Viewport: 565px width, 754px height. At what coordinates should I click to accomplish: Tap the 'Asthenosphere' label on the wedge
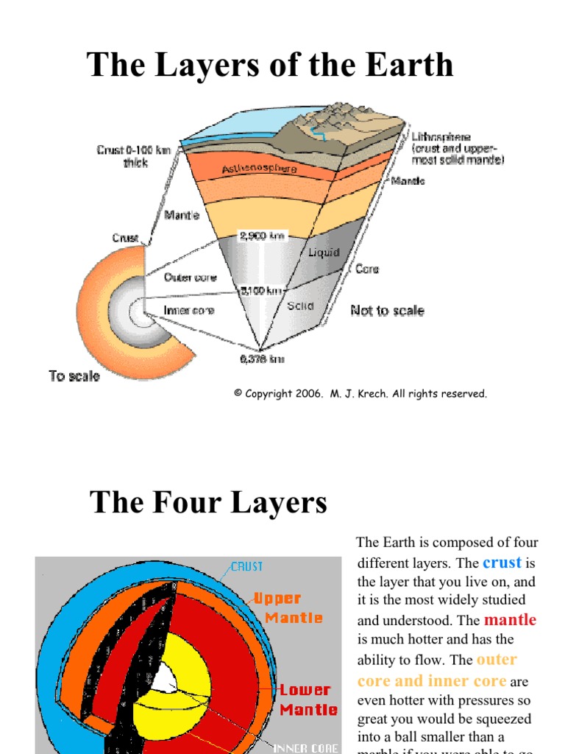pyautogui.click(x=259, y=169)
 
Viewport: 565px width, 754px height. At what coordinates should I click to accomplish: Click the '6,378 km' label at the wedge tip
pyautogui.click(x=262, y=359)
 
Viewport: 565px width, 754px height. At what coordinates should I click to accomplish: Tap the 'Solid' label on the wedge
pyautogui.click(x=301, y=306)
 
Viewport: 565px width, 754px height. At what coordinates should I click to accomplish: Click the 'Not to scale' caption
pyautogui.click(x=387, y=311)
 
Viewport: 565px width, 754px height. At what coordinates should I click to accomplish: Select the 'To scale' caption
pyautogui.click(x=74, y=376)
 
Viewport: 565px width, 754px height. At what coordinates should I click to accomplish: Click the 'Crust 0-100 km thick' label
pyautogui.click(x=135, y=156)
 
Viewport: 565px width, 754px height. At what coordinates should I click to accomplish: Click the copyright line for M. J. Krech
pyautogui.click(x=360, y=394)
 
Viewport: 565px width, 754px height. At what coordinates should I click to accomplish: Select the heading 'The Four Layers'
pyautogui.click(x=208, y=503)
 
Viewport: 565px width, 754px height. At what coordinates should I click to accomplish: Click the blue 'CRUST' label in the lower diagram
pyautogui.click(x=246, y=567)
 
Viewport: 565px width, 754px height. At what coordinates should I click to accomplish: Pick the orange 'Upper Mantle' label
pyautogui.click(x=288, y=608)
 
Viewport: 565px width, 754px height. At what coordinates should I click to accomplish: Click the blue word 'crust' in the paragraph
pyautogui.click(x=502, y=563)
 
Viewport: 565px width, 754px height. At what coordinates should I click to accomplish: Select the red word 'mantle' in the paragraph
pyautogui.click(x=510, y=620)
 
